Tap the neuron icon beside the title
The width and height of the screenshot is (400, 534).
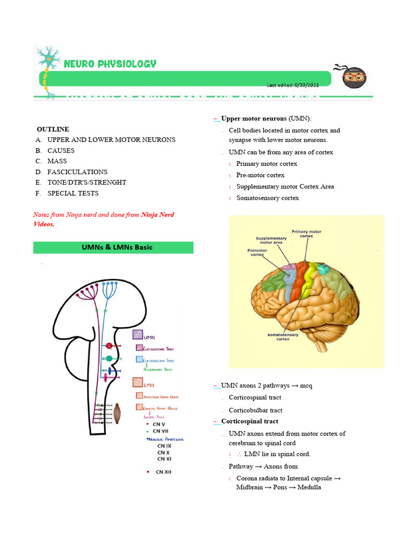pyautogui.click(x=48, y=70)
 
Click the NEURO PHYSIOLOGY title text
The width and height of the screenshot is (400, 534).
pyautogui.click(x=109, y=64)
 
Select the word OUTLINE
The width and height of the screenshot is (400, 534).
pyautogui.click(x=53, y=129)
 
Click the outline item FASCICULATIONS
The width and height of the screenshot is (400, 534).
pyautogui.click(x=77, y=172)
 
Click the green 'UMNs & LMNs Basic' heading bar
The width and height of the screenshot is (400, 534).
pyautogui.click(x=113, y=247)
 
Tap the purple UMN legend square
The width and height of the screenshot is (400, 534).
pyautogui.click(x=138, y=335)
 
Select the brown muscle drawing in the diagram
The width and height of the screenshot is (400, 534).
pyautogui.click(x=120, y=413)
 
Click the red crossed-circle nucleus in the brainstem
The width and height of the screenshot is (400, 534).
pyautogui.click(x=109, y=346)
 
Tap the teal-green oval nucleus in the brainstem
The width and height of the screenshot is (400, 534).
pyautogui.click(x=109, y=358)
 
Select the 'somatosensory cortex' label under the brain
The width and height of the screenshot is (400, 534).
pyautogui.click(x=283, y=336)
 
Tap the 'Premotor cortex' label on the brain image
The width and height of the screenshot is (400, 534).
pyautogui.click(x=257, y=252)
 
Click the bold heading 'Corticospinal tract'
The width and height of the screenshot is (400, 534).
pyautogui.click(x=249, y=421)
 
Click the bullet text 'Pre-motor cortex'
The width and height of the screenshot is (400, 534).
pyautogui.click(x=260, y=175)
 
